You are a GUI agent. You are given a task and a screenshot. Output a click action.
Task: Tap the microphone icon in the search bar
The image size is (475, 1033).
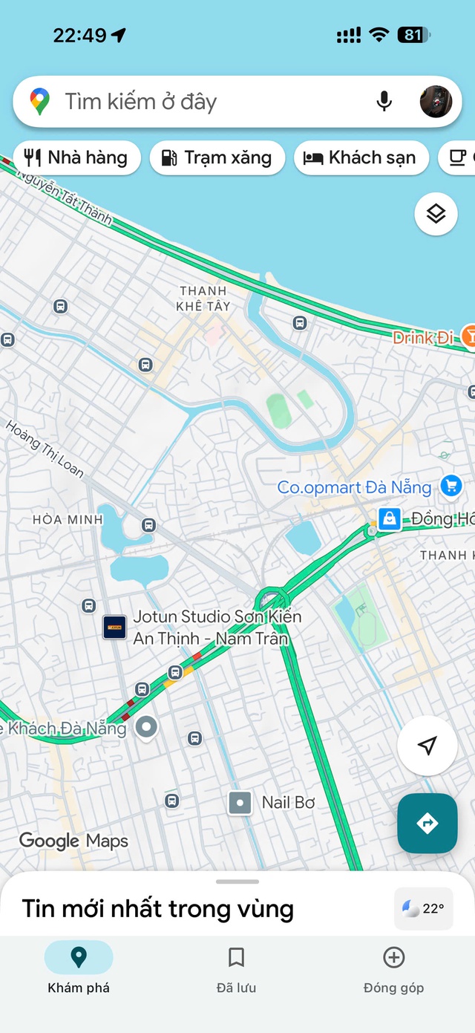(384, 101)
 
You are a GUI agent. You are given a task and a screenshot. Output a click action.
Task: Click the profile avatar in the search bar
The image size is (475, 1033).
(436, 101)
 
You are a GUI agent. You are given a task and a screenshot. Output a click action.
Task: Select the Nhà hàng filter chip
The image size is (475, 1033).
(76, 157)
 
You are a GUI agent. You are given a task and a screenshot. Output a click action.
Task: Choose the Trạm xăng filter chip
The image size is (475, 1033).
(217, 157)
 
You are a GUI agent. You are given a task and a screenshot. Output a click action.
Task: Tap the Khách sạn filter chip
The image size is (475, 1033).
(361, 157)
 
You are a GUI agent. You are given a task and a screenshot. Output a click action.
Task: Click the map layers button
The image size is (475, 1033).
(436, 214)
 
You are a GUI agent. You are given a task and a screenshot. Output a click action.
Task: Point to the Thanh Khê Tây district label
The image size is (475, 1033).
(203, 299)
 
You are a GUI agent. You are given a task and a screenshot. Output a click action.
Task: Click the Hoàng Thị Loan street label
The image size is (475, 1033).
(45, 449)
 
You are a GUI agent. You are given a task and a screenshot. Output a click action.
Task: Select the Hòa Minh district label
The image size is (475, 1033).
(68, 520)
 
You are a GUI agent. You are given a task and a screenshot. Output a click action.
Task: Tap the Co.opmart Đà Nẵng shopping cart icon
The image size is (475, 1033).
(451, 486)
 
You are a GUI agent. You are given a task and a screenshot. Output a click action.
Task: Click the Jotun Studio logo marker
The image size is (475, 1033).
(114, 628)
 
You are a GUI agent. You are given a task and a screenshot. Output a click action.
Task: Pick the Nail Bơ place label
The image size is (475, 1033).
(288, 803)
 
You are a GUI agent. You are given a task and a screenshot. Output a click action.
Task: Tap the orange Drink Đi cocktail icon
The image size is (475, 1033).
(468, 336)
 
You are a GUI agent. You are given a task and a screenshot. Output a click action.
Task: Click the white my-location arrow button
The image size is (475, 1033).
(427, 746)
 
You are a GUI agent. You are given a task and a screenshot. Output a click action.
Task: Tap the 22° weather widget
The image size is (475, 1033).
(423, 908)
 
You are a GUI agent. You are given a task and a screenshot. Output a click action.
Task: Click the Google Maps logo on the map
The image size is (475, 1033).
(73, 841)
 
